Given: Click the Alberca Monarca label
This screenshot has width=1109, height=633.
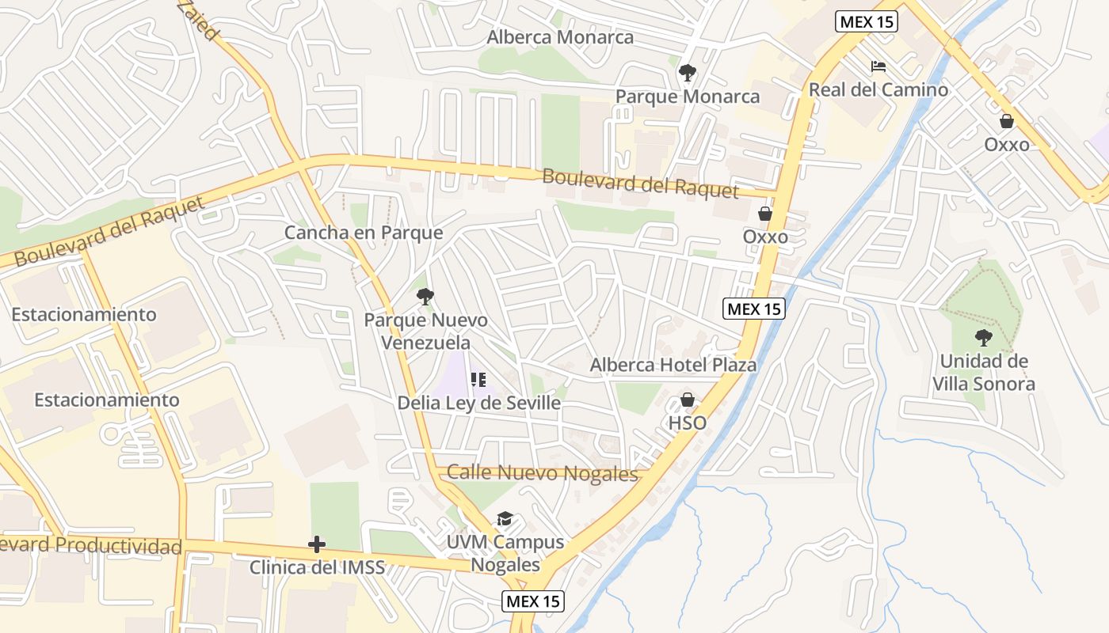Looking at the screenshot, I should coord(560,37).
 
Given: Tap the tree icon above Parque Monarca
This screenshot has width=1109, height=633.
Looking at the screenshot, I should coord(687,73).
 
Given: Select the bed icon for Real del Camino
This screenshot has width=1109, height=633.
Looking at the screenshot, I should coord(878,66).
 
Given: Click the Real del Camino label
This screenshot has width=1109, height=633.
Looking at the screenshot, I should coord(878,89).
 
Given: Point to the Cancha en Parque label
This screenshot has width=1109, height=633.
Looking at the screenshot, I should coord(364,233).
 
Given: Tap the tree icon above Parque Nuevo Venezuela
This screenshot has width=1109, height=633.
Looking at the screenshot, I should coord(425,297).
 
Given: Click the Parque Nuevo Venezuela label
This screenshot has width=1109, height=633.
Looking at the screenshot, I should coord(425,332).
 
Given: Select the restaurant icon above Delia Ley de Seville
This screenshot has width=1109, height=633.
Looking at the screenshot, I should coord(478,380).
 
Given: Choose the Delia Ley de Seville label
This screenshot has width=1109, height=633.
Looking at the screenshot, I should coord(478,403).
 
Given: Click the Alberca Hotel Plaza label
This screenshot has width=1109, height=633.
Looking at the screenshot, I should coord(673,365).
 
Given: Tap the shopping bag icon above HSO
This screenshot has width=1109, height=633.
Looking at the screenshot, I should coord(687,400).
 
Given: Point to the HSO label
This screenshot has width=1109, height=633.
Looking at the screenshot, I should coord(687,423).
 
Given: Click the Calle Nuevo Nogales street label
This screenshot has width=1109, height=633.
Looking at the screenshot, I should coord(542,473).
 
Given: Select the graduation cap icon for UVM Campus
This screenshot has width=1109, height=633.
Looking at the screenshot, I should coord(505,519).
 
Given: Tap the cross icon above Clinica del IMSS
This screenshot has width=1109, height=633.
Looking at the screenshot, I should coord(317,544).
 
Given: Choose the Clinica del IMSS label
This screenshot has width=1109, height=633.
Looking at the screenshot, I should coord(317,567).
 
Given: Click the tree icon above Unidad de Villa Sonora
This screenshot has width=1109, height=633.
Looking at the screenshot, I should coord(984,338).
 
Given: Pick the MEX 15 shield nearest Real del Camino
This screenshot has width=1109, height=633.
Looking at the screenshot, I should coord(867,21).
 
